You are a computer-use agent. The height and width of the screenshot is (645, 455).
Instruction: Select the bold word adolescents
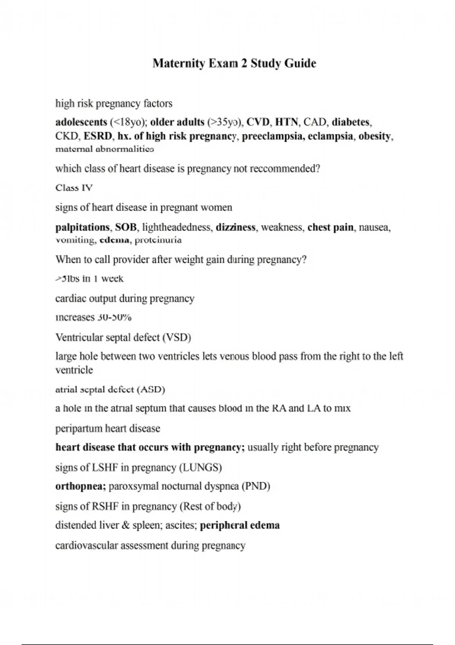pyautogui.click(x=81, y=122)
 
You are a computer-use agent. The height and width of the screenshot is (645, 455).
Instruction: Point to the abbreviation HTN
pyautogui.click(x=286, y=122)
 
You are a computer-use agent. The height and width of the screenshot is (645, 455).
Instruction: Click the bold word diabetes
pyautogui.click(x=351, y=122)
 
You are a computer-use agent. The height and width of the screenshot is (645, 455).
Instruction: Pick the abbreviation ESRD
pyautogui.click(x=98, y=136)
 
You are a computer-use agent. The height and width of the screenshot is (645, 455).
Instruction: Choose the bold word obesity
pyautogui.click(x=375, y=136)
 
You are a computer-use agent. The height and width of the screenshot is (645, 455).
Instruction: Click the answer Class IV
pyautogui.click(x=74, y=188)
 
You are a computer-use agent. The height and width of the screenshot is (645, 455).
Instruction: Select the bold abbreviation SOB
pyautogui.click(x=126, y=227)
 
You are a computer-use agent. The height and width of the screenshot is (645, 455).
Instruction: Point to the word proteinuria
pyautogui.click(x=158, y=240)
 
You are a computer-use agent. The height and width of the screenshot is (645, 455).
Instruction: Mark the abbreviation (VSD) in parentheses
pyautogui.click(x=176, y=337)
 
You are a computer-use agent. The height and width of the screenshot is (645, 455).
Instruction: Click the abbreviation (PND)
pyautogui.click(x=256, y=486)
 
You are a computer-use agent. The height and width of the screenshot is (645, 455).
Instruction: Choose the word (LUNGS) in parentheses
pyautogui.click(x=200, y=467)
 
